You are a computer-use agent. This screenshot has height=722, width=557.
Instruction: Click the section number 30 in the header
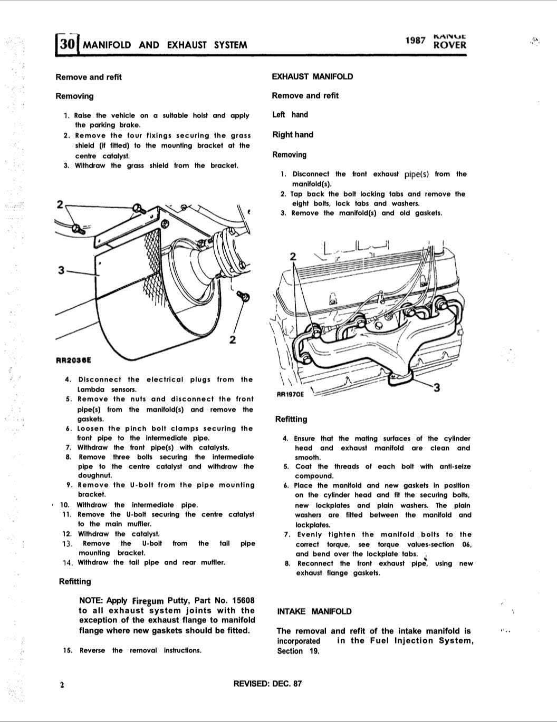66,44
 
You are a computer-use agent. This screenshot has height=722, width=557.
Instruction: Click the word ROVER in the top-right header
449,45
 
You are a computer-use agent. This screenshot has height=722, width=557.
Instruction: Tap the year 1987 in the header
415,40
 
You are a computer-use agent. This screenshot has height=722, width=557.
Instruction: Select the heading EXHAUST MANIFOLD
312,76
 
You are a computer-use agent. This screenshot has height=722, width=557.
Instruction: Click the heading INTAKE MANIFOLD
314,611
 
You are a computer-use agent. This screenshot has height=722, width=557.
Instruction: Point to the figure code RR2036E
73,360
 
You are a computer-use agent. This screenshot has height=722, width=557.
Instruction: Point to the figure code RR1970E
290,394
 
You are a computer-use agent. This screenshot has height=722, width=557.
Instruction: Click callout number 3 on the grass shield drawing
62,270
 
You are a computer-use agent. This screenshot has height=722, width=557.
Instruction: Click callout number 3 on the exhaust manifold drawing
436,388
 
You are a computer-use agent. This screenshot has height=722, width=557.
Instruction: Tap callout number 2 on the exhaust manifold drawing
294,257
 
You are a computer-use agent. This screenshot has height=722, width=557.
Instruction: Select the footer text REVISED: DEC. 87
267,684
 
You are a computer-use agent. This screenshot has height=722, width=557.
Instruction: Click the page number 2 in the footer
62,685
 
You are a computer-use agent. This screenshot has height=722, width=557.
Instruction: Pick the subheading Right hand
293,134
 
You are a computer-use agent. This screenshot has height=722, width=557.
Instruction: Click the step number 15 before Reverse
67,650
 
